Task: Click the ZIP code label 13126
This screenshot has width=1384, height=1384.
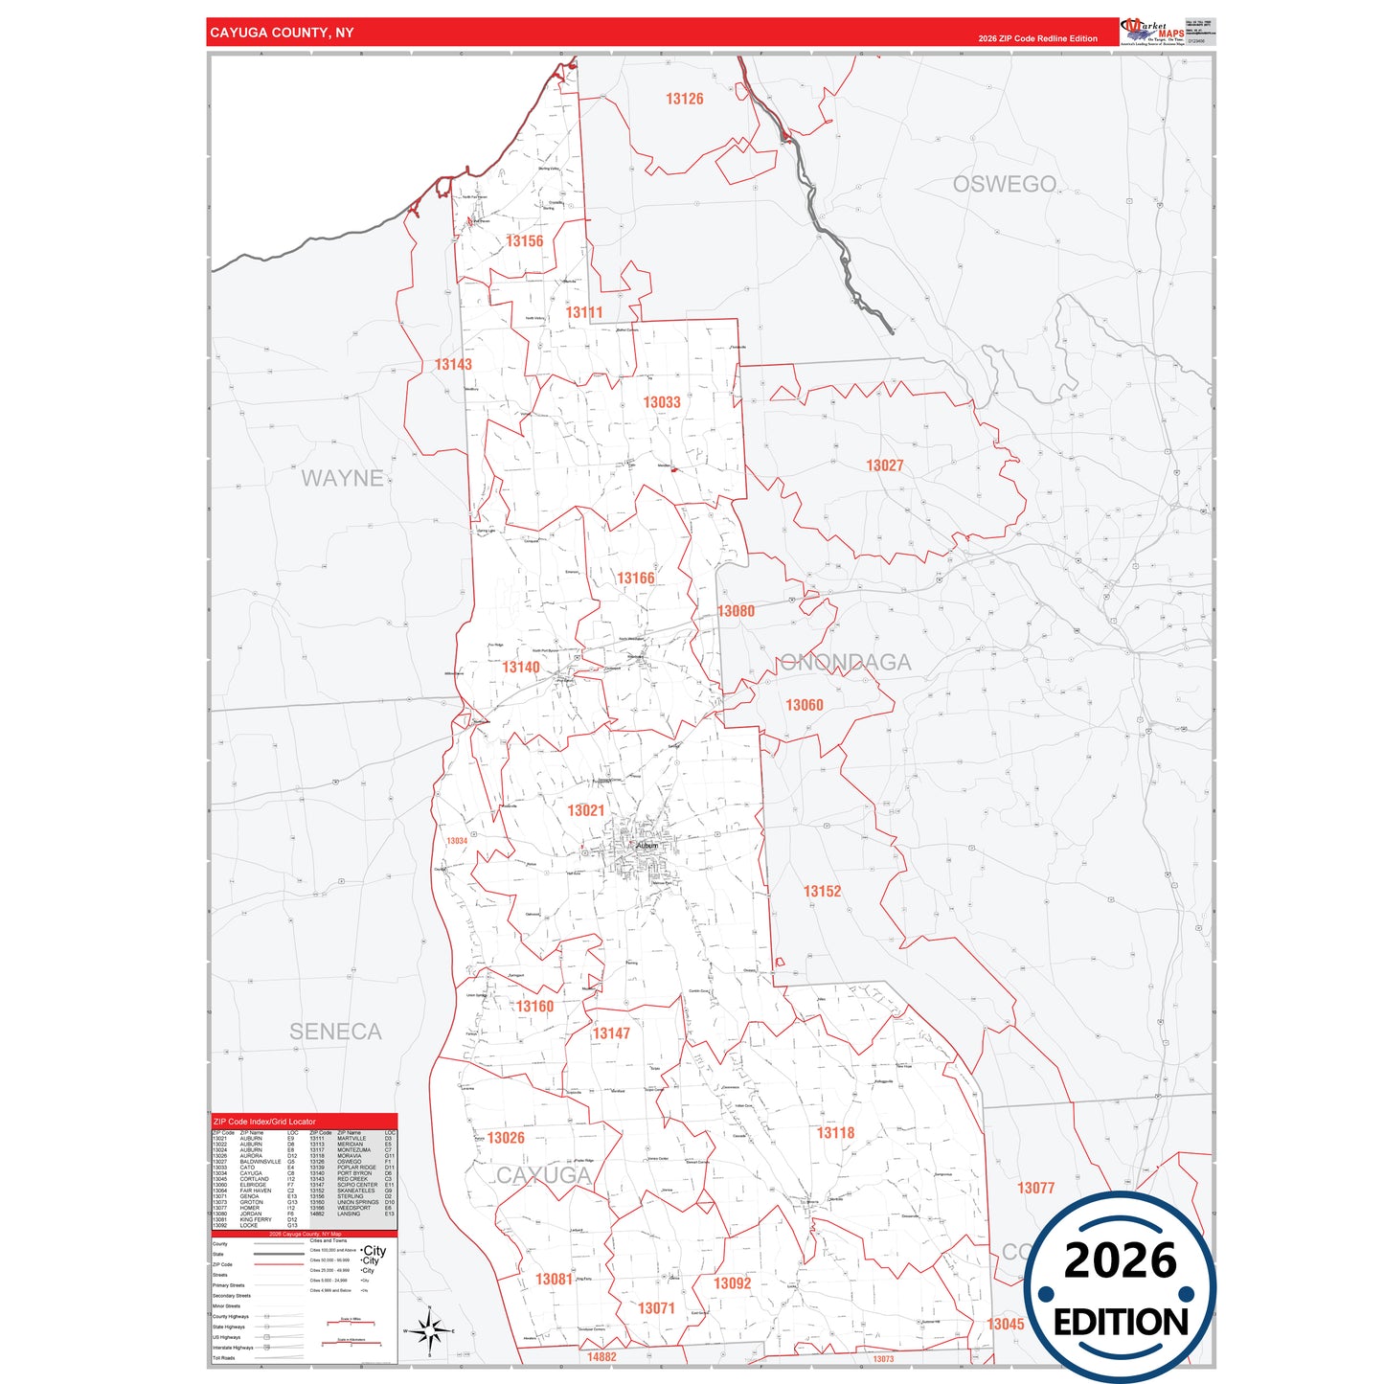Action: click(x=684, y=99)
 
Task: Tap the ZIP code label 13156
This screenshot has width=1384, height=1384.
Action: click(x=524, y=241)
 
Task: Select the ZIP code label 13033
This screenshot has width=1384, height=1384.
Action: click(x=662, y=402)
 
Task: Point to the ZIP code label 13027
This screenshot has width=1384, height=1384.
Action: click(x=884, y=465)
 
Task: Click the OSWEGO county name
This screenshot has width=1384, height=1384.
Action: click(x=1004, y=184)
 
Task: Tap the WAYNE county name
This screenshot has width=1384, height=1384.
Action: click(x=342, y=478)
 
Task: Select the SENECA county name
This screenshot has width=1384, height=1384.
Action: click(x=335, y=1032)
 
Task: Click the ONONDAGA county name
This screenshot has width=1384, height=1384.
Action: click(x=845, y=662)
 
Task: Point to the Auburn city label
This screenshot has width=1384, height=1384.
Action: click(x=647, y=846)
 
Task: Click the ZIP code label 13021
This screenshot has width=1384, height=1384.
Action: click(x=585, y=810)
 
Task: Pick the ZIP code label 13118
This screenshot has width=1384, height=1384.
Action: click(x=835, y=1133)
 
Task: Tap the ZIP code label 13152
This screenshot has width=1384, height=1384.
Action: click(x=822, y=891)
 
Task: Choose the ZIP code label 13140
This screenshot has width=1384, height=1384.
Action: click(x=520, y=667)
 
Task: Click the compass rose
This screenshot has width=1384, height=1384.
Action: click(x=429, y=1330)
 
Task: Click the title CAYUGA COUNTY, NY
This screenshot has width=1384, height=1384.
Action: click(x=282, y=33)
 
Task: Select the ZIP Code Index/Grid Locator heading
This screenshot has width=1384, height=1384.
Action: click(x=264, y=1122)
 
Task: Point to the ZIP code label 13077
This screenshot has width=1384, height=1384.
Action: click(x=1035, y=1188)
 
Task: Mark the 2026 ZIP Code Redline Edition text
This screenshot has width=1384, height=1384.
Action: click(x=1037, y=38)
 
